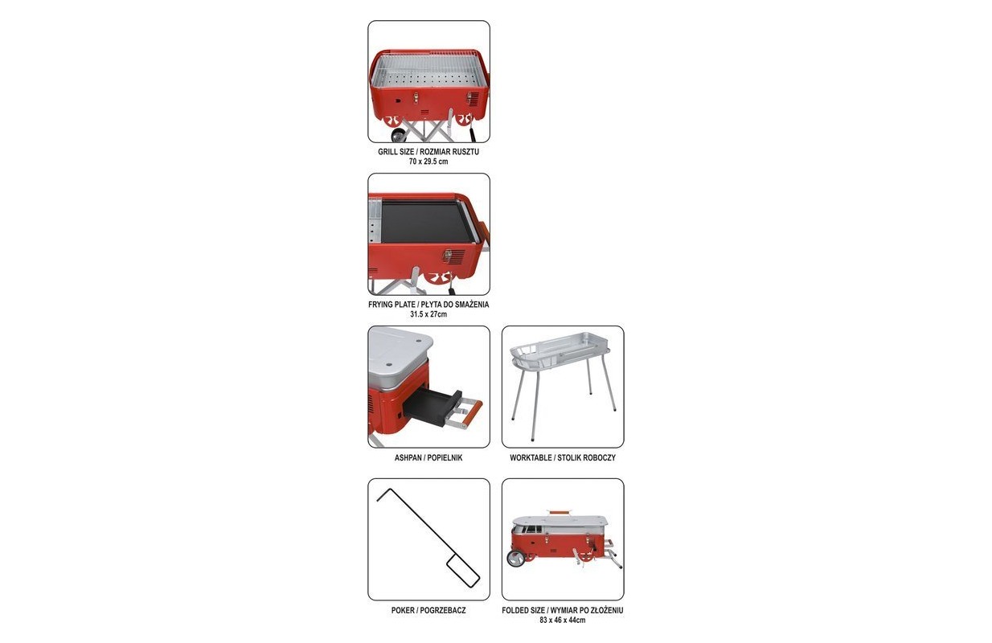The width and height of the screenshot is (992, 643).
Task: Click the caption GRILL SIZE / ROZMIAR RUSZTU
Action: click(428, 151)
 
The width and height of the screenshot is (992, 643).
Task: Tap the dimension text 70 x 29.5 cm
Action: click(428, 162)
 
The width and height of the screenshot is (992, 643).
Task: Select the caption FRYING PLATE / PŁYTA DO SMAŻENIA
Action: click(428, 305)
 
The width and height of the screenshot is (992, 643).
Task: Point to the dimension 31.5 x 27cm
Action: click(428, 314)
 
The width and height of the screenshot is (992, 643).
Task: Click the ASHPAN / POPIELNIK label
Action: click(428, 458)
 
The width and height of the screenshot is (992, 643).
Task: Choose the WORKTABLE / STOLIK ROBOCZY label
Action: click(563, 458)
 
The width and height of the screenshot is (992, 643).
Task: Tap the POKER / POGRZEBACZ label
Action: click(428, 610)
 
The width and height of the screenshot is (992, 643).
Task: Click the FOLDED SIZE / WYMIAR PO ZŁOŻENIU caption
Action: click(563, 610)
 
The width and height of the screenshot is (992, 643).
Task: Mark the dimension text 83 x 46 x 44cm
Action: click(563, 620)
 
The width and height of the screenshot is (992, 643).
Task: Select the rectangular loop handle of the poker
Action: click(463, 571)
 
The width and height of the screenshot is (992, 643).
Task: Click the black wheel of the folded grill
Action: click(516, 559)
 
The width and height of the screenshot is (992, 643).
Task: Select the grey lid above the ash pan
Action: click(399, 354)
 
